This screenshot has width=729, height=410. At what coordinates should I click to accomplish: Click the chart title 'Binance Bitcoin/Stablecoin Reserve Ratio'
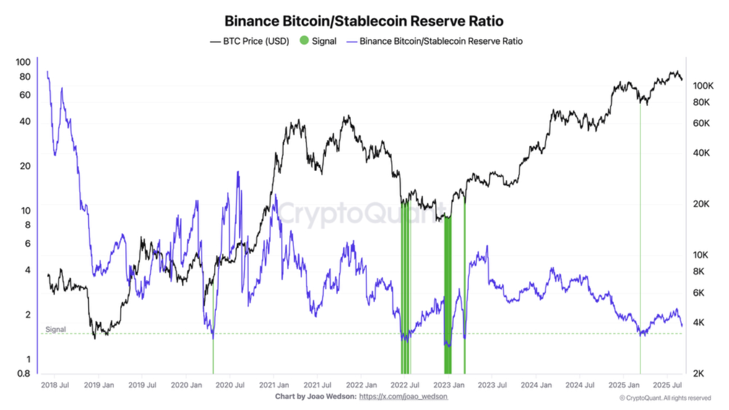coord(364,21)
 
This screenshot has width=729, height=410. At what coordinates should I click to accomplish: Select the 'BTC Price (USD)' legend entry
coord(249,41)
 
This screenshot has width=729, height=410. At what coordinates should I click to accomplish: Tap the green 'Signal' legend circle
coord(304,41)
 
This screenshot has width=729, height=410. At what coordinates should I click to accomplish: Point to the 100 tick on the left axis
coord(23,62)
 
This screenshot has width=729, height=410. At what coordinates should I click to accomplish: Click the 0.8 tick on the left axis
coord(23,374)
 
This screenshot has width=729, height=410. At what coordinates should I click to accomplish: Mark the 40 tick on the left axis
coord(25,121)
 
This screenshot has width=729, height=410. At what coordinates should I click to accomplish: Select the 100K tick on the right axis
coord(703,86)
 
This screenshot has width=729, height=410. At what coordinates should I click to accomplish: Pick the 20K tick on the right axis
coord(702,204)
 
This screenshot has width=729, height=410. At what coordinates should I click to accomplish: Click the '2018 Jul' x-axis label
coord(55,386)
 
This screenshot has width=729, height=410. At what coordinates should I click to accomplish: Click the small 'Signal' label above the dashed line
coord(55,329)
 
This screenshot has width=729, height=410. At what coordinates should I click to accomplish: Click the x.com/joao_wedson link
coord(403,396)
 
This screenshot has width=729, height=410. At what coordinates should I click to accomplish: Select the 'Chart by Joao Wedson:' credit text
coord(316,396)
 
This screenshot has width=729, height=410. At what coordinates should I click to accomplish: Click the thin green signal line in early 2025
coord(640,228)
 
